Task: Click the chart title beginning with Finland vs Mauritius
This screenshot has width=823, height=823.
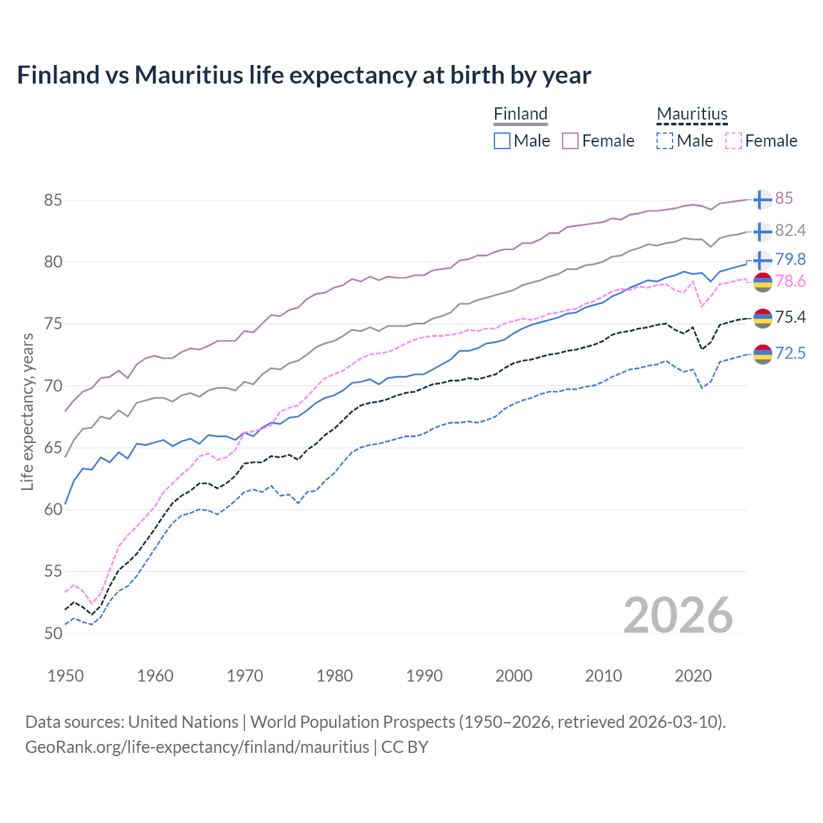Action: [x=303, y=75]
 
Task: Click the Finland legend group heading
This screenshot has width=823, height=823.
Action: [x=520, y=114]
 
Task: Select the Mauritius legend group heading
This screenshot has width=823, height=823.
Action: [x=692, y=114]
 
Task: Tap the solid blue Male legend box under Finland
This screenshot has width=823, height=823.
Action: [x=502, y=141]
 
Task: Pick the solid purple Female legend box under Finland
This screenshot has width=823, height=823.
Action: [x=570, y=141]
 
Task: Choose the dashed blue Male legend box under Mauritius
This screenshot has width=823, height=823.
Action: [x=665, y=141]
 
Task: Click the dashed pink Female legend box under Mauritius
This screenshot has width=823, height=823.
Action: [x=734, y=141]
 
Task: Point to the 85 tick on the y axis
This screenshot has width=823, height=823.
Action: [x=53, y=200]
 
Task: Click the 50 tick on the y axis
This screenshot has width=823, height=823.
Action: [x=53, y=633]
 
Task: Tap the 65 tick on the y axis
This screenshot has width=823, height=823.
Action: [x=53, y=448]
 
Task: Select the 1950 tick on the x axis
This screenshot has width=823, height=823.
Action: [x=66, y=676]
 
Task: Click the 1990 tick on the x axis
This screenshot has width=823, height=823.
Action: [x=424, y=676]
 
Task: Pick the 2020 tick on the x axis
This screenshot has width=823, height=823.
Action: [x=693, y=676]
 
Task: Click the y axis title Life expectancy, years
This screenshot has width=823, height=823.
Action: [x=27, y=411]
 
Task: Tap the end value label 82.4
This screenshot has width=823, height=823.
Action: [x=790, y=230]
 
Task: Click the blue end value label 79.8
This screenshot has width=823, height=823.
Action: [x=790, y=259]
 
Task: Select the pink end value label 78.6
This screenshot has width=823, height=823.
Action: [x=790, y=282]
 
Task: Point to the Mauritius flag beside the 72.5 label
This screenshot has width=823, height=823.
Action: [x=763, y=354]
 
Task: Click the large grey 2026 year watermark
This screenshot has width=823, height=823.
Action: [x=678, y=615]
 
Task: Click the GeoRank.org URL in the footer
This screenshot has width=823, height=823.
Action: [x=197, y=747]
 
